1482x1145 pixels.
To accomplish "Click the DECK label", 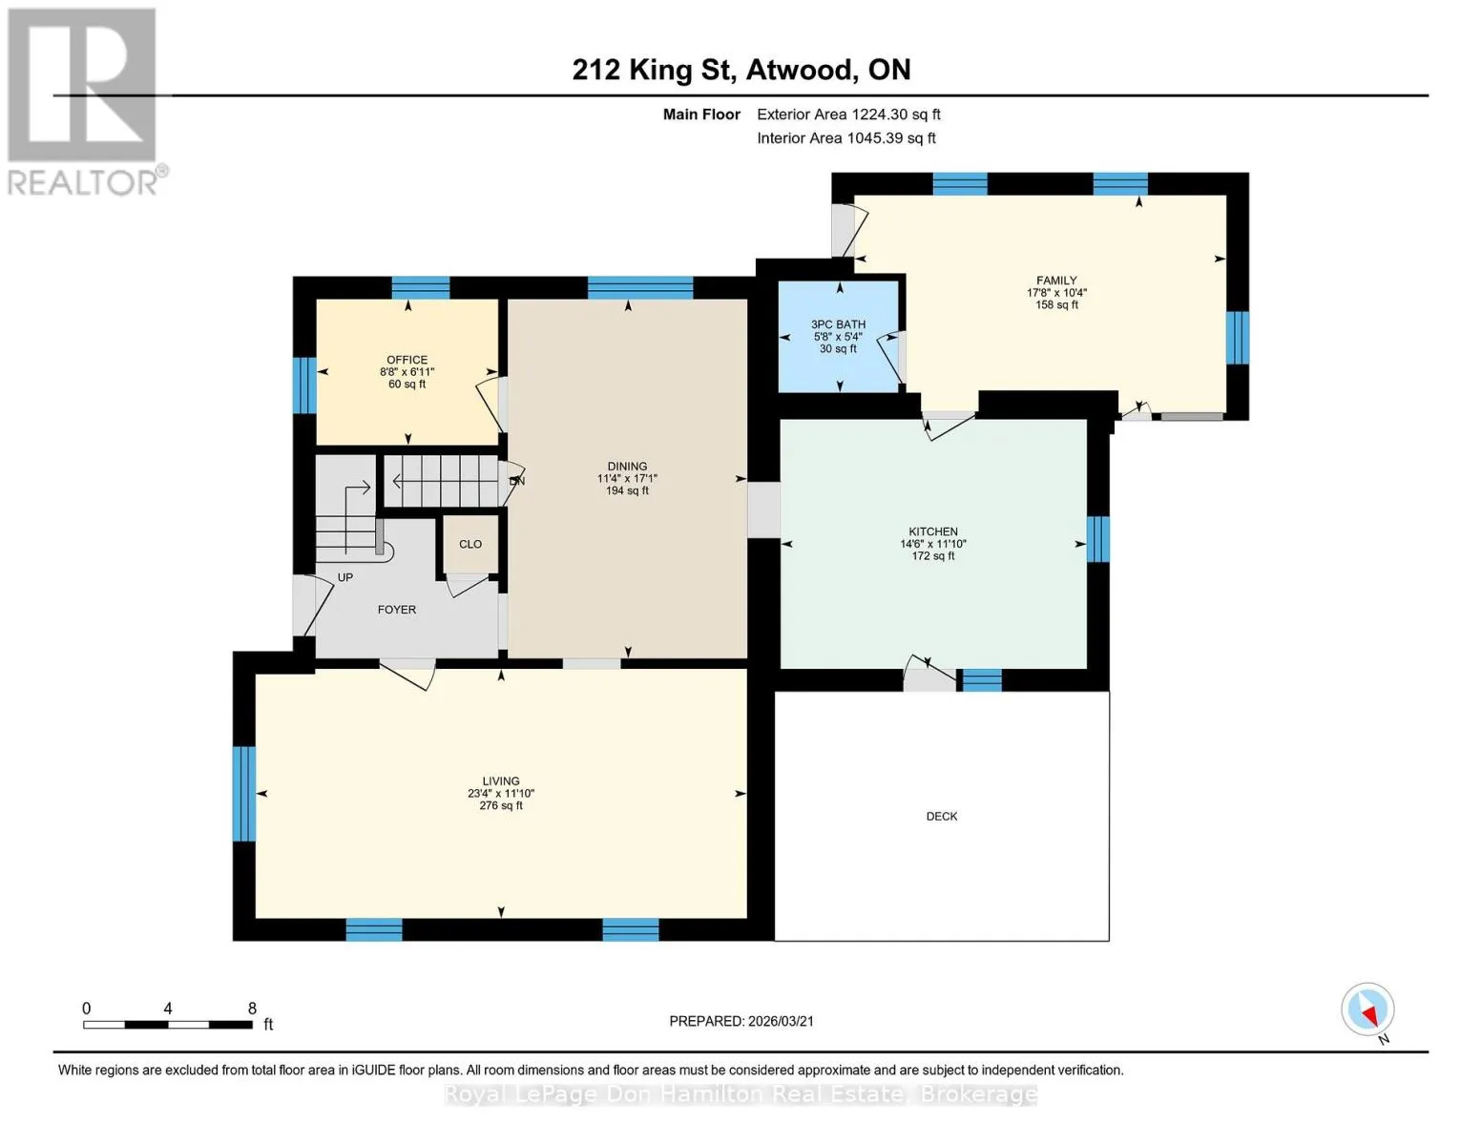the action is pyautogui.click(x=941, y=817).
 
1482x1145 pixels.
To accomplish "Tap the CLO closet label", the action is pyautogui.click(x=470, y=544).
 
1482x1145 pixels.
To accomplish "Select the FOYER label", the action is pyautogui.click(x=396, y=610).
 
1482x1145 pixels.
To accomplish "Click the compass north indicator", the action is pyautogui.click(x=1367, y=1010).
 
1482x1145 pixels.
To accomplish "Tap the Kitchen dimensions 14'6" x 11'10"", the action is pyautogui.click(x=933, y=544).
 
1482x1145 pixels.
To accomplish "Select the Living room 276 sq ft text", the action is pyautogui.click(x=501, y=805).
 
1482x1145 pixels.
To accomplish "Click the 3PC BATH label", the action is pyautogui.click(x=838, y=324).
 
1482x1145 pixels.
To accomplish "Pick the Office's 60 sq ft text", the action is pyautogui.click(x=407, y=384).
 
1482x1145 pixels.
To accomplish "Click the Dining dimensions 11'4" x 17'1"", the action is pyautogui.click(x=627, y=479).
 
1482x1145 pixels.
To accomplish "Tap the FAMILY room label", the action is pyautogui.click(x=1056, y=281).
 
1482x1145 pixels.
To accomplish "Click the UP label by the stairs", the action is pyautogui.click(x=345, y=577).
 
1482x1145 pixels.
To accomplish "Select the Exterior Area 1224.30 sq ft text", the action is pyautogui.click(x=848, y=114).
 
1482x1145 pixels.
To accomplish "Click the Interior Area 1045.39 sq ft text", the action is pyautogui.click(x=846, y=138).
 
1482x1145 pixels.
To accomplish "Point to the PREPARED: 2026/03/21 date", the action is pyautogui.click(x=741, y=1021).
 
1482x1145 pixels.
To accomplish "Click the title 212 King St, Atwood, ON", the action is pyautogui.click(x=741, y=70).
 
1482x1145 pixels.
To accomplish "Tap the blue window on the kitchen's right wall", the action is pyautogui.click(x=1097, y=539).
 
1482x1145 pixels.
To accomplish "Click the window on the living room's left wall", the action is pyautogui.click(x=244, y=794).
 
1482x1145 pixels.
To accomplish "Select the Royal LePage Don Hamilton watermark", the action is pyautogui.click(x=741, y=1094).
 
